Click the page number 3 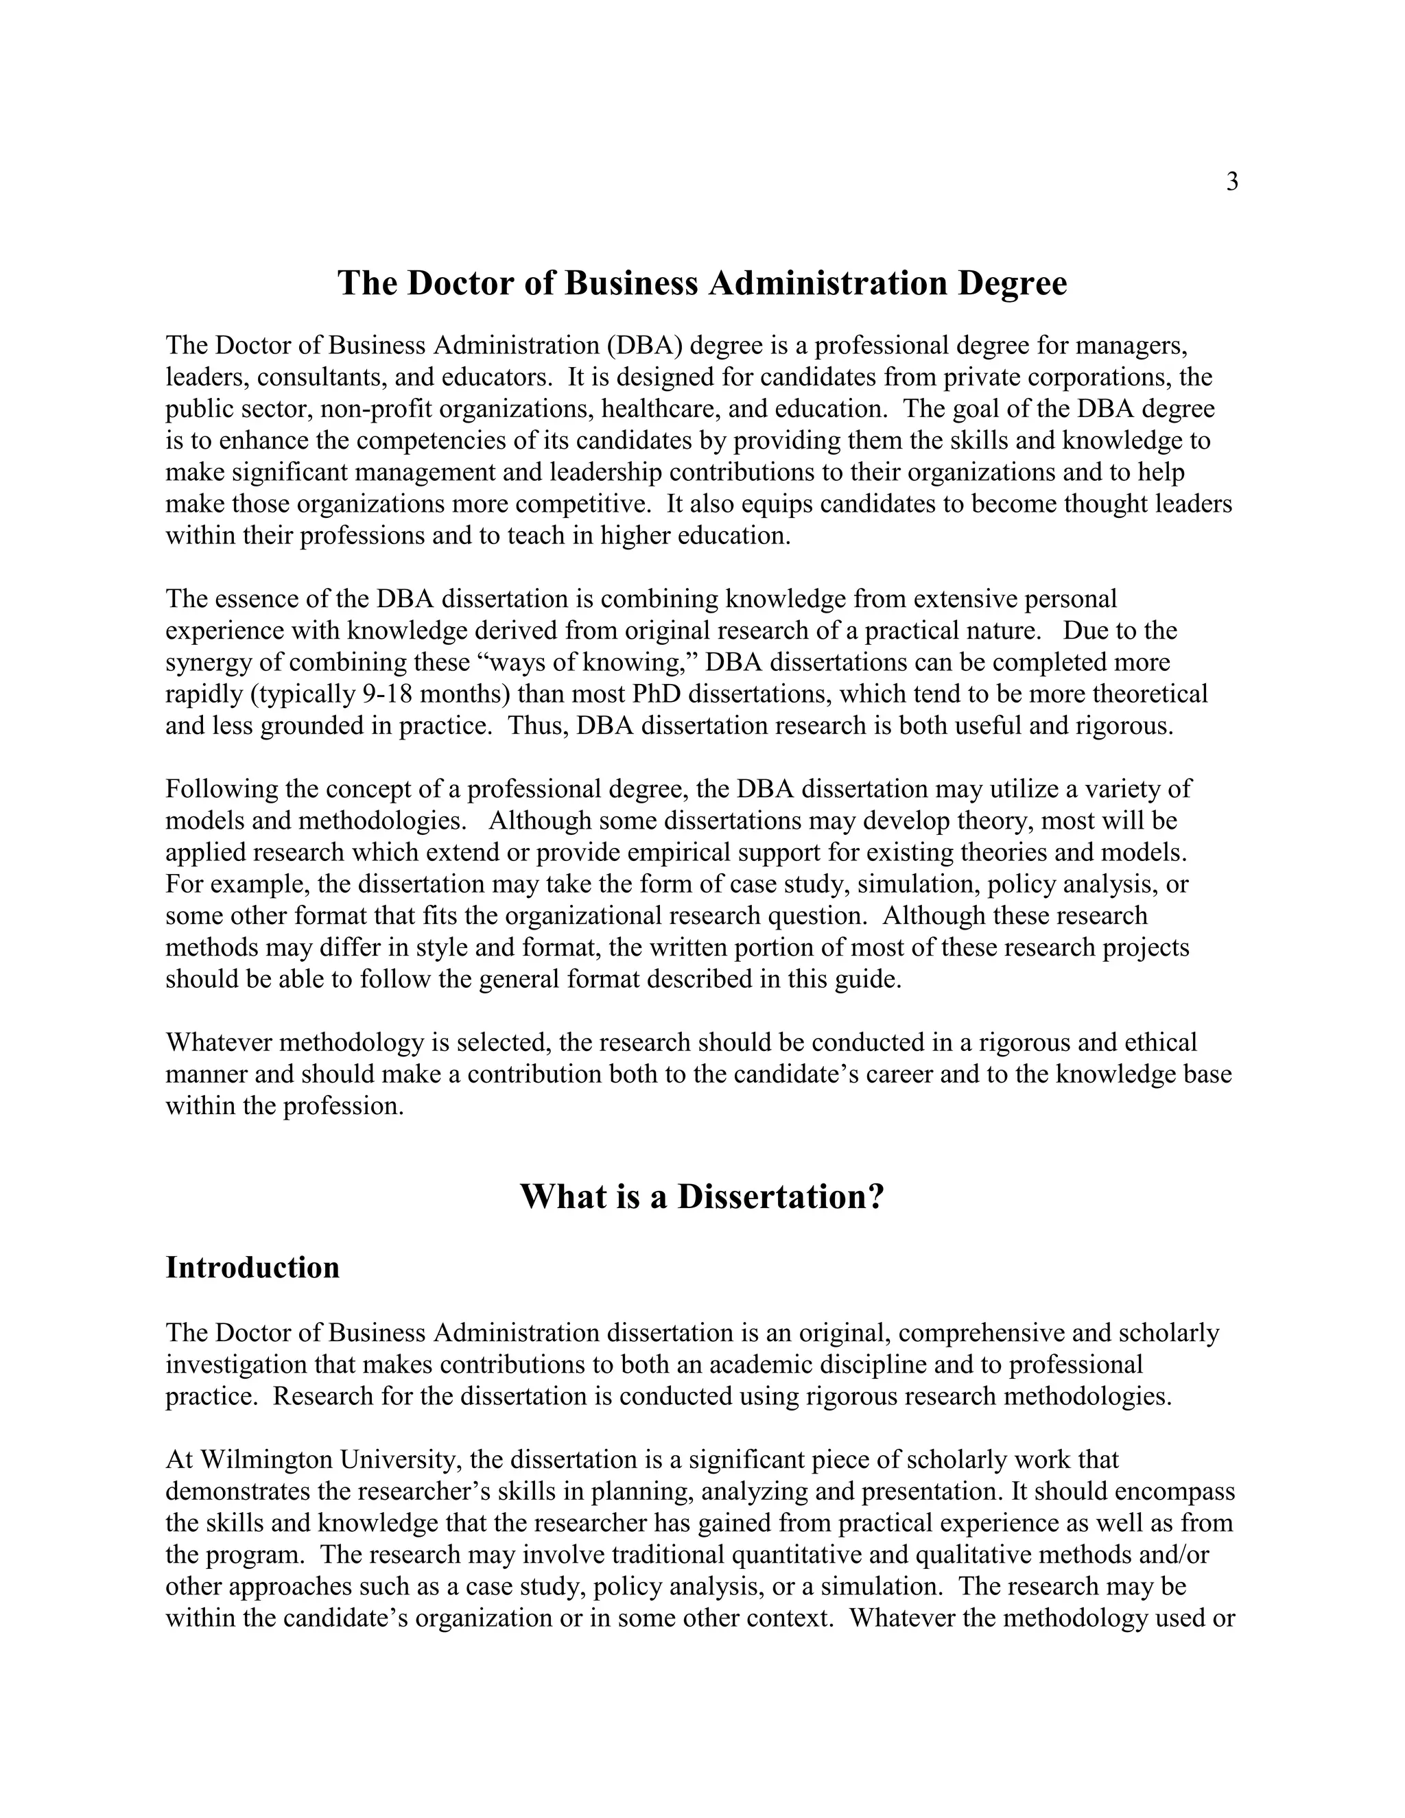(1232, 182)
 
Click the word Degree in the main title (1012, 283)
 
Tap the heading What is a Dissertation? (702, 1197)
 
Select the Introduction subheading (252, 1268)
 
